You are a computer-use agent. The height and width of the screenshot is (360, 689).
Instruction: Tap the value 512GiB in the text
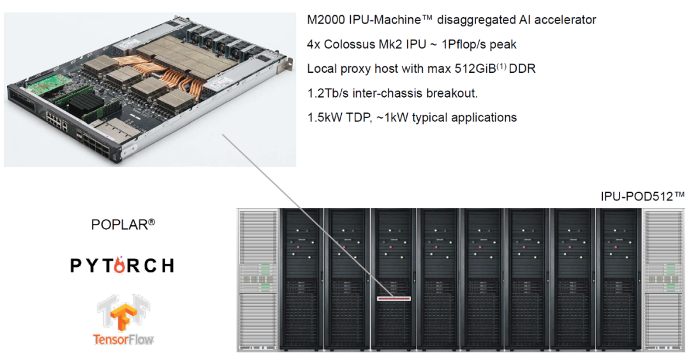[x=474, y=68]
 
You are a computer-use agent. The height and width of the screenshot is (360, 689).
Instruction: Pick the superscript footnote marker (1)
[x=501, y=65]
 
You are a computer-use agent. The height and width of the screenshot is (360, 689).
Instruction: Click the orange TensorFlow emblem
[x=124, y=313]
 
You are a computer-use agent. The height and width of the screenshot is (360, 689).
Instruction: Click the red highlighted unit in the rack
[x=393, y=297]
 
